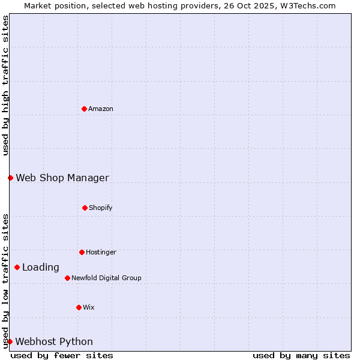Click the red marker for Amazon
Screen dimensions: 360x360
84,109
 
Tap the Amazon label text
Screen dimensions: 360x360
101,109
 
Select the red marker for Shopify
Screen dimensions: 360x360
85,208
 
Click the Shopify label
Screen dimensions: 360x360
101,208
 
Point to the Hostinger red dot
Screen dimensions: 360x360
82,252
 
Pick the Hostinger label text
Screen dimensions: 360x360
101,253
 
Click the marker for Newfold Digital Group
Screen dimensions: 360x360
67,278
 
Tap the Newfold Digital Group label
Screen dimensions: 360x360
106,278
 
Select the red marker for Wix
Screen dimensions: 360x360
79,307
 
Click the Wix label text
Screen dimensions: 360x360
89,308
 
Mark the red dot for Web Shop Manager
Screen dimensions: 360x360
10,178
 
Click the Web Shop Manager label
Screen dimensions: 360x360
62,178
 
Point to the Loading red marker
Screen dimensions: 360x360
17,267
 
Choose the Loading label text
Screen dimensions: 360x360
41,268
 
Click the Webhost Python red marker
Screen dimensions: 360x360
10,341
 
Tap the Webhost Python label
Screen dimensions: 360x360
54,342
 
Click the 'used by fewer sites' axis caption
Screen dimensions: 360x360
62,355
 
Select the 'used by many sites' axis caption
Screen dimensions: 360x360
301,355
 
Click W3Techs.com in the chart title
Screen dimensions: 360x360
307,5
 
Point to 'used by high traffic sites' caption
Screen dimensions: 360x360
5,85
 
